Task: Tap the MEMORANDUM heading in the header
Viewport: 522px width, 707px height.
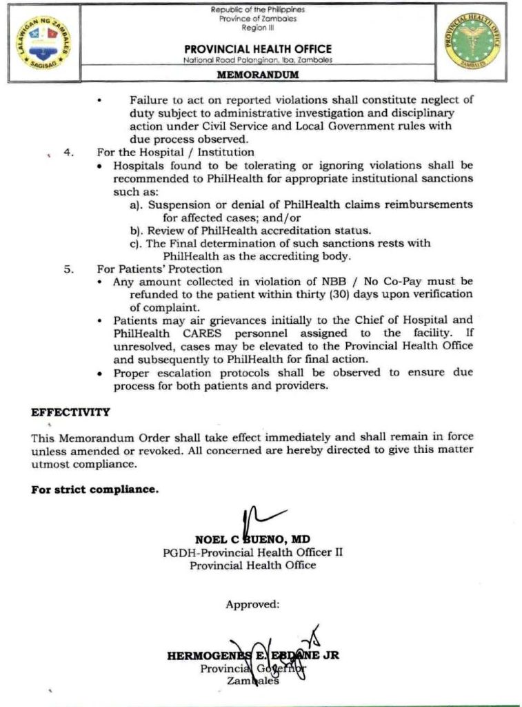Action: pos(258,75)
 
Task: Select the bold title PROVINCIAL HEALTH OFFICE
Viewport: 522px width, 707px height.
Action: pos(258,49)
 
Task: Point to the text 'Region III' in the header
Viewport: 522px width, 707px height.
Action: pos(258,28)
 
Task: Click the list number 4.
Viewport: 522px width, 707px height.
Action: pos(69,152)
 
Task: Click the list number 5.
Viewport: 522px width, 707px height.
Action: pos(69,269)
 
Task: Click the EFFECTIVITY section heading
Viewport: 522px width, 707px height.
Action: pos(70,412)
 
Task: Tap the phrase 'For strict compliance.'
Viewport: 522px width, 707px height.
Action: pos(94,490)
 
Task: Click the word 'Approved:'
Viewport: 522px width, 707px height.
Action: pos(252,604)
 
